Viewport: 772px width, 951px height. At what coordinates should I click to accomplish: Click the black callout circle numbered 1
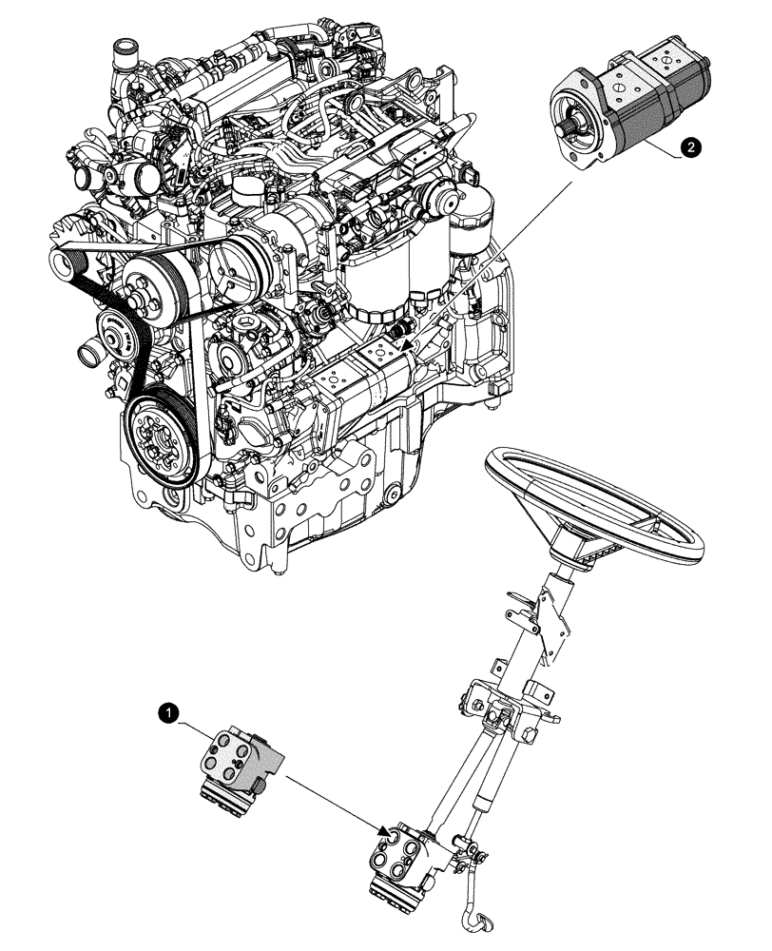click(x=168, y=711)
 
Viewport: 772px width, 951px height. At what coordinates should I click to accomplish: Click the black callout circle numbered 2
click(x=692, y=146)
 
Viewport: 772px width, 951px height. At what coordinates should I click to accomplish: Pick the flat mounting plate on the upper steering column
click(x=548, y=618)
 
